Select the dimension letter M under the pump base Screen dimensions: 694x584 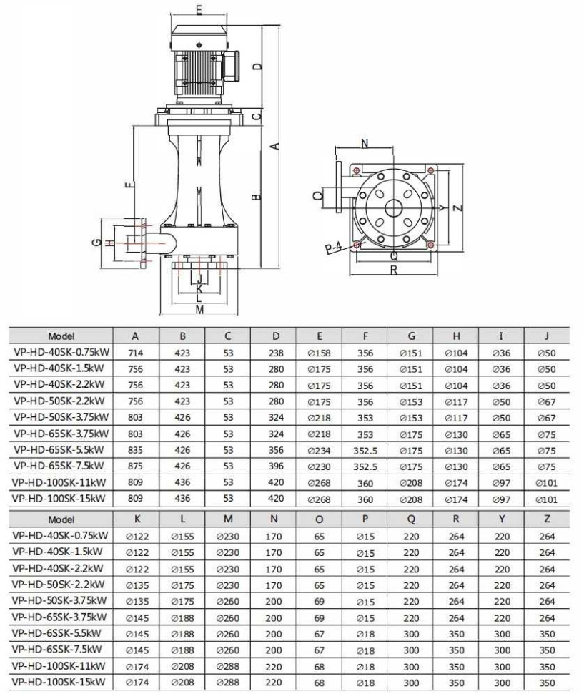(199, 309)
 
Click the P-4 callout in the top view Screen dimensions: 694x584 (333, 248)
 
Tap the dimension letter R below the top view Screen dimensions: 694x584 (394, 270)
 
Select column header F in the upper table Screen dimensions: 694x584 (365, 336)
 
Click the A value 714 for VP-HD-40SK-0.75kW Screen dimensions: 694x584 (135, 353)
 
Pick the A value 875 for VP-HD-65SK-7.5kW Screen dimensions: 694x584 (135, 466)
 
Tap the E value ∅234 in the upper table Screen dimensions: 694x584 (319, 449)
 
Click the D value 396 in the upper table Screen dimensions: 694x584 (276, 466)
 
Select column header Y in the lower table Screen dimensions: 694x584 (502, 518)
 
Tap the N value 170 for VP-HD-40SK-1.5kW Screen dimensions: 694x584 (273, 552)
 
